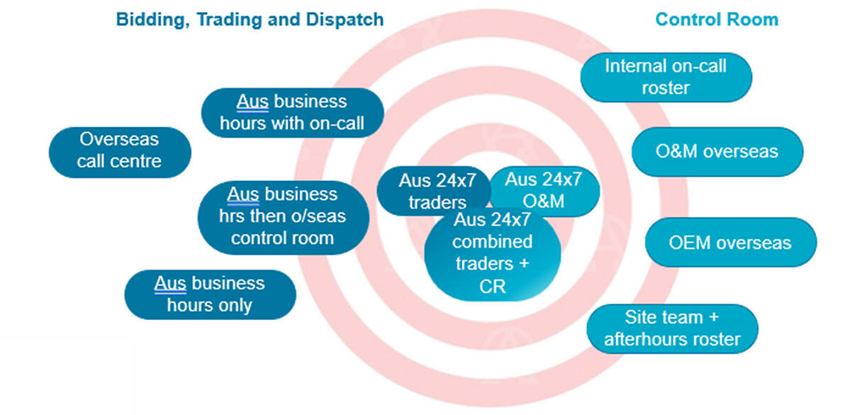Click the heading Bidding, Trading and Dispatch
pyautogui.click(x=250, y=19)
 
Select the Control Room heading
pyautogui.click(x=716, y=19)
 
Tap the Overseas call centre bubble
pyautogui.click(x=119, y=150)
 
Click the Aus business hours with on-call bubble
pyautogui.click(x=292, y=112)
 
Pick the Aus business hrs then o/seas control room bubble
pyautogui.click(x=282, y=216)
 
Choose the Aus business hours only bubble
pyautogui.click(x=209, y=294)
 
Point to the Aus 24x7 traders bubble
pyautogui.click(x=429, y=191)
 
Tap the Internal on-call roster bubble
pyautogui.click(x=665, y=77)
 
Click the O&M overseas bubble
pyautogui.click(x=716, y=151)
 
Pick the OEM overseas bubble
pyautogui.click(x=729, y=243)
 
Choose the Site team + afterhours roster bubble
pyautogui.click(x=671, y=328)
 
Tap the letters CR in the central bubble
pyautogui.click(x=493, y=287)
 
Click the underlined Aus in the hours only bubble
pyautogui.click(x=170, y=283)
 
